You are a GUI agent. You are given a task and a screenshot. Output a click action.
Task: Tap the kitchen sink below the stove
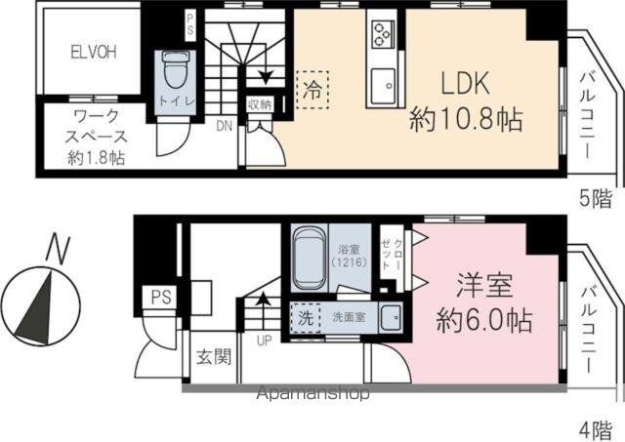[x=381, y=80]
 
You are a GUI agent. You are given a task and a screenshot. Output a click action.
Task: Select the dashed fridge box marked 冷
[x=312, y=91]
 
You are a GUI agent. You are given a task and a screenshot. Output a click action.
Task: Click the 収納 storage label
[x=258, y=104]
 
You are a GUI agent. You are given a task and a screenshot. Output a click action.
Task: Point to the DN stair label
[x=224, y=126]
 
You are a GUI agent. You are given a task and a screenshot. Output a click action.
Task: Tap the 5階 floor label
[x=597, y=198]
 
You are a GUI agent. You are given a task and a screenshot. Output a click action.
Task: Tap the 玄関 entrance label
[x=214, y=356]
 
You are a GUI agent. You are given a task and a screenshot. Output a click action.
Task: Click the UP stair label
[x=263, y=341]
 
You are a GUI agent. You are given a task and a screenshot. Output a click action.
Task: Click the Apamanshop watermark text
[x=313, y=395]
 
